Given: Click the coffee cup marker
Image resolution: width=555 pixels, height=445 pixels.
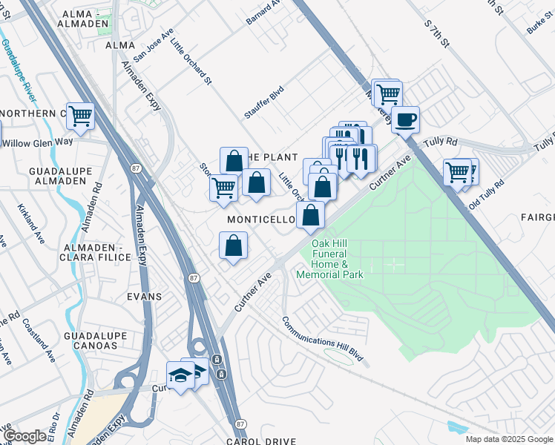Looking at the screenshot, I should coord(405,119).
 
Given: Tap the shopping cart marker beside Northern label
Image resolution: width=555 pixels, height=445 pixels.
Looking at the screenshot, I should coord(80,116).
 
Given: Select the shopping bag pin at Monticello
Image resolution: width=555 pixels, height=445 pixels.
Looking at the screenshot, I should coord(311,216).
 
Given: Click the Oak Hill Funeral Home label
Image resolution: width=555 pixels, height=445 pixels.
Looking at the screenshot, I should coord(329,259).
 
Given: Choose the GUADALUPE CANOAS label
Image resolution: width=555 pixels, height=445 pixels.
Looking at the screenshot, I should coord(91,340).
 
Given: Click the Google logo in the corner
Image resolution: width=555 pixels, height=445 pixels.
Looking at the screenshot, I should coord(24,436).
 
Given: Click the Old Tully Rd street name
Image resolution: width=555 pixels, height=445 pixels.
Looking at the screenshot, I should coord(487,194).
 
